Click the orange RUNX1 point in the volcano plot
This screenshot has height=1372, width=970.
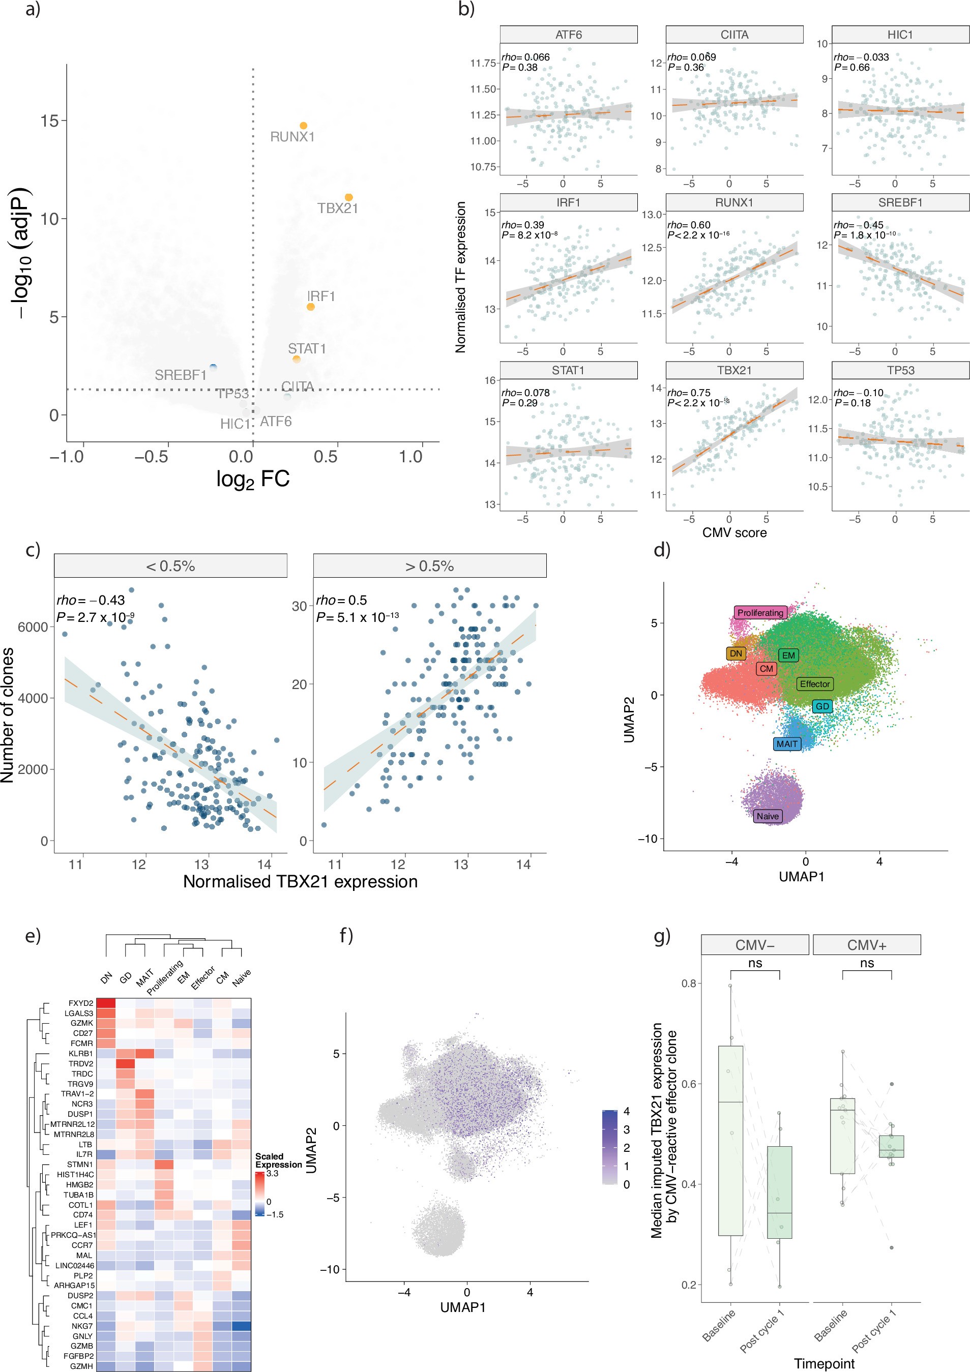click(x=304, y=126)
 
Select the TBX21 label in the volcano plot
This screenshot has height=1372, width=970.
click(x=337, y=208)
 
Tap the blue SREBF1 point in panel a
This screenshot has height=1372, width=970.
click(x=213, y=367)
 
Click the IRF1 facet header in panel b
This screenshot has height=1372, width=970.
click(x=568, y=202)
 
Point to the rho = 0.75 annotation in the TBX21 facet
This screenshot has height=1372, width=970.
click(x=689, y=393)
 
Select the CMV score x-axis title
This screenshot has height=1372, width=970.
click(x=734, y=532)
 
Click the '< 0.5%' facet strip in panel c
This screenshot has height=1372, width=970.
click(x=170, y=566)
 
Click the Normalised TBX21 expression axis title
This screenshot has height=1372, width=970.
click(x=300, y=881)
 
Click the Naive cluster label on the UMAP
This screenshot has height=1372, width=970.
click(x=768, y=816)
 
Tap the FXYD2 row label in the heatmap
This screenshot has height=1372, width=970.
click(x=81, y=1003)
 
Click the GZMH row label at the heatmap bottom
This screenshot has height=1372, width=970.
click(x=81, y=1366)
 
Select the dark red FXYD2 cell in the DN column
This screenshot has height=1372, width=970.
click(x=106, y=1003)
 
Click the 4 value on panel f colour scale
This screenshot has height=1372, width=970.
click(x=626, y=1112)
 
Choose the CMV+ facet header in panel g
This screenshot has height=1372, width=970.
click(x=866, y=945)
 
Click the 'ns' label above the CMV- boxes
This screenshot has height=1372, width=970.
click(x=755, y=963)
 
